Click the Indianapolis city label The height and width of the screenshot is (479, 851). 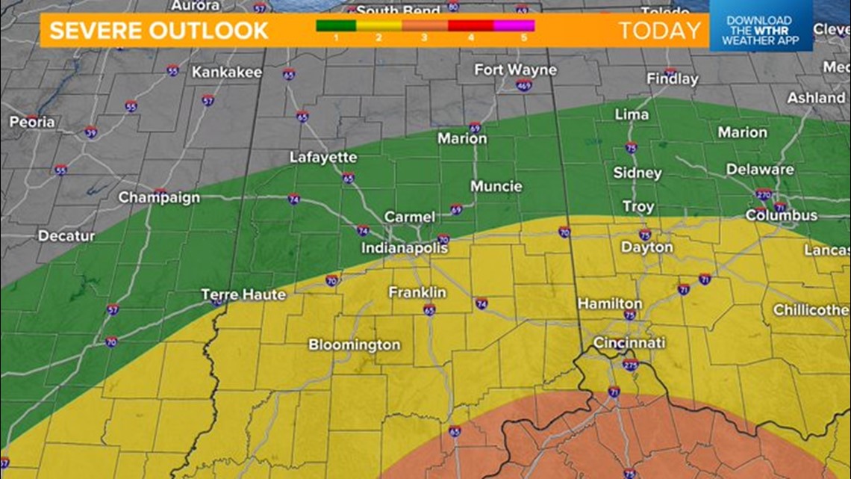click(x=405, y=247)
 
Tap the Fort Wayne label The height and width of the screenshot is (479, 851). click(x=515, y=69)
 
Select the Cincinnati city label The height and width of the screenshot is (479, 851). click(x=629, y=343)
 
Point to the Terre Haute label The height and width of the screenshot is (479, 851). click(x=243, y=294)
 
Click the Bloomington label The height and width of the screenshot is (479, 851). click(x=355, y=344)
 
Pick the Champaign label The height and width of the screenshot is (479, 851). click(x=159, y=197)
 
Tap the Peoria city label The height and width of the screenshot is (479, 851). click(x=32, y=121)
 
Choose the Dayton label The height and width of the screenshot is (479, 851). click(x=646, y=247)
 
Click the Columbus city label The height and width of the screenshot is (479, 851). click(x=782, y=215)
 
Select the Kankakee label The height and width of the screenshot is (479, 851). click(x=227, y=72)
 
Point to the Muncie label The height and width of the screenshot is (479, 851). click(x=496, y=186)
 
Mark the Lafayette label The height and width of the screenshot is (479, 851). click(x=323, y=158)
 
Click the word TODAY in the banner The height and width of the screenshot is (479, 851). click(x=660, y=31)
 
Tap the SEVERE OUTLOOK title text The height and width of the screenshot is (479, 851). click(x=159, y=31)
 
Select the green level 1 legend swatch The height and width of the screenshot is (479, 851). click(x=336, y=25)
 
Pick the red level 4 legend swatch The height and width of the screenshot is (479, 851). click(x=470, y=25)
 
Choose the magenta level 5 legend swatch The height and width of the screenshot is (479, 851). click(x=514, y=25)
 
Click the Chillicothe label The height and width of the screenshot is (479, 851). click(x=811, y=309)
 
